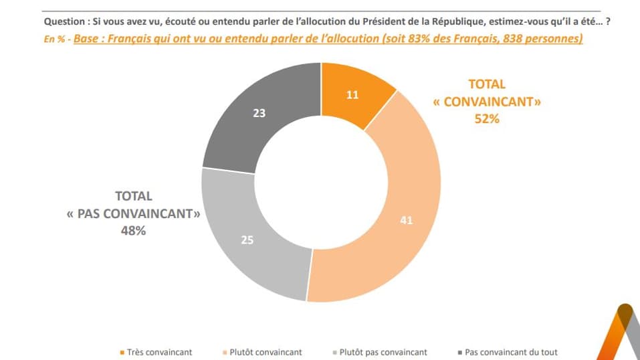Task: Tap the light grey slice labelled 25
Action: click(247, 240)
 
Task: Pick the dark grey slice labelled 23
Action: click(259, 113)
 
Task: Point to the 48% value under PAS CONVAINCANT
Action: click(133, 231)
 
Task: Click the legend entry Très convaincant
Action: click(148, 352)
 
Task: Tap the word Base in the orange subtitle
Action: click(86, 39)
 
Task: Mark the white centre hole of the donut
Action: click(321, 182)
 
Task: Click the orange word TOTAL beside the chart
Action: click(486, 84)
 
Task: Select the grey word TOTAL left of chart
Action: click(134, 196)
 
